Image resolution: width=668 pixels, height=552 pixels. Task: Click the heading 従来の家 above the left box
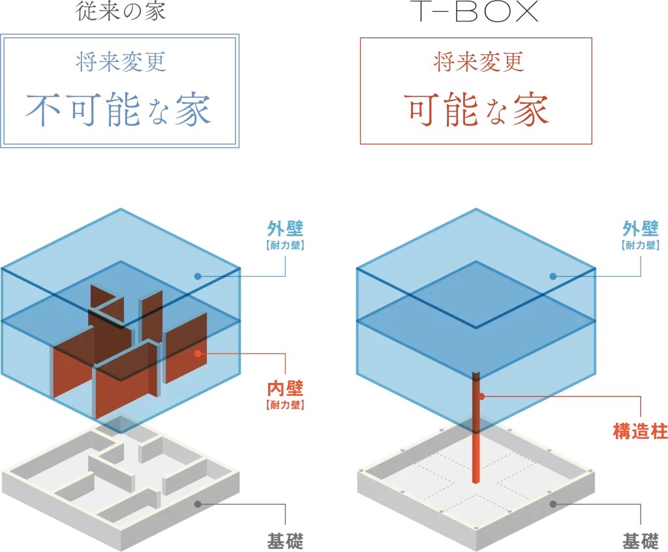pos(121,11)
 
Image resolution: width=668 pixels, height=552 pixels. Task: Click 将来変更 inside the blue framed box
pos(121,63)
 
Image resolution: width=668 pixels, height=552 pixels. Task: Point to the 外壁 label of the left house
pos(286,229)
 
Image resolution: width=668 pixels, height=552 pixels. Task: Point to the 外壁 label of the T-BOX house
pos(641,229)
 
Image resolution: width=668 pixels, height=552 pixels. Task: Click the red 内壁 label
pos(286,390)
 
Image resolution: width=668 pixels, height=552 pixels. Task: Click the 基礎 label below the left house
pos(285,541)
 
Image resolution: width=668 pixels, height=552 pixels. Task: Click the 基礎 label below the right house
pos(640,541)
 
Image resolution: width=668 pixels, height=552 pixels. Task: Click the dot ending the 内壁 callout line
pos(198,354)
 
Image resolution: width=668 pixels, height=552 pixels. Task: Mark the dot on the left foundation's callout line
pos(198,504)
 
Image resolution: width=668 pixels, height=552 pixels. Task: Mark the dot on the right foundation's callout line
pos(553,504)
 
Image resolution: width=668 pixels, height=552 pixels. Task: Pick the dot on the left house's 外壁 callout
pos(198,276)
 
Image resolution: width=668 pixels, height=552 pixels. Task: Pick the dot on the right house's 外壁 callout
pos(553,276)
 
